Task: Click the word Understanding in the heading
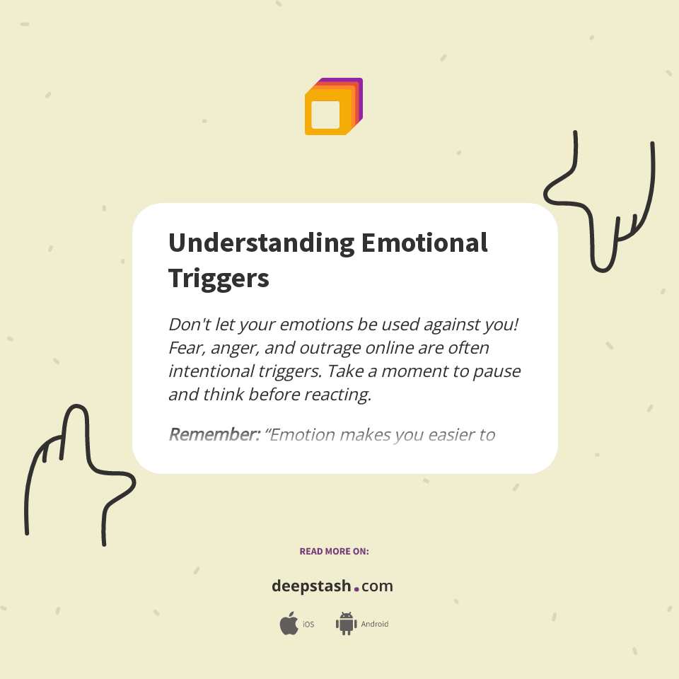(x=261, y=243)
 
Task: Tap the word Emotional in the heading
(x=424, y=243)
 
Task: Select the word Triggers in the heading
(x=219, y=278)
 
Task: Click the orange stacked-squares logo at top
(x=333, y=107)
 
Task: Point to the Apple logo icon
(x=289, y=624)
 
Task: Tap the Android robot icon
(x=346, y=623)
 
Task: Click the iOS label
(x=308, y=625)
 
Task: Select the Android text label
(x=375, y=625)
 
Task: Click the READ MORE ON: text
(x=334, y=551)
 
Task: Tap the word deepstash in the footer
(x=311, y=586)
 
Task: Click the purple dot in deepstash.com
(x=356, y=588)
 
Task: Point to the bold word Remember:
(x=214, y=434)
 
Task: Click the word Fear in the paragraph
(x=185, y=348)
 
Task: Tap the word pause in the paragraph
(x=498, y=371)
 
